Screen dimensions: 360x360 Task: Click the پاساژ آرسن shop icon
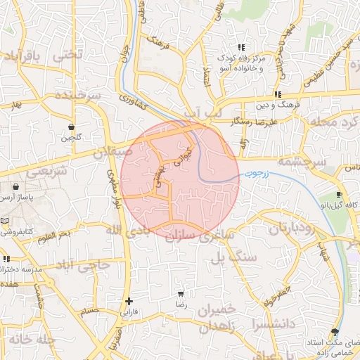(15, 188)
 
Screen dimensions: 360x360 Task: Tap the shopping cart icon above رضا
(181, 293)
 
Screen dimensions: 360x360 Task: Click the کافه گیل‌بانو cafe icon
(340, 195)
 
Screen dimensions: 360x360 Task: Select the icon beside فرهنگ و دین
(278, 94)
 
